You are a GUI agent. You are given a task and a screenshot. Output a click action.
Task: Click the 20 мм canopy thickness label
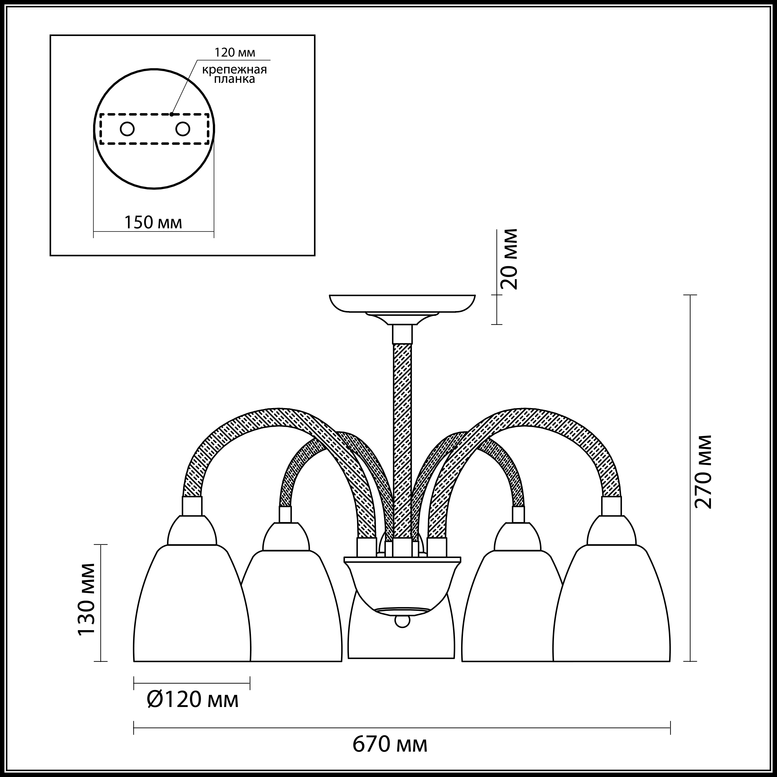pyautogui.click(x=509, y=259)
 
